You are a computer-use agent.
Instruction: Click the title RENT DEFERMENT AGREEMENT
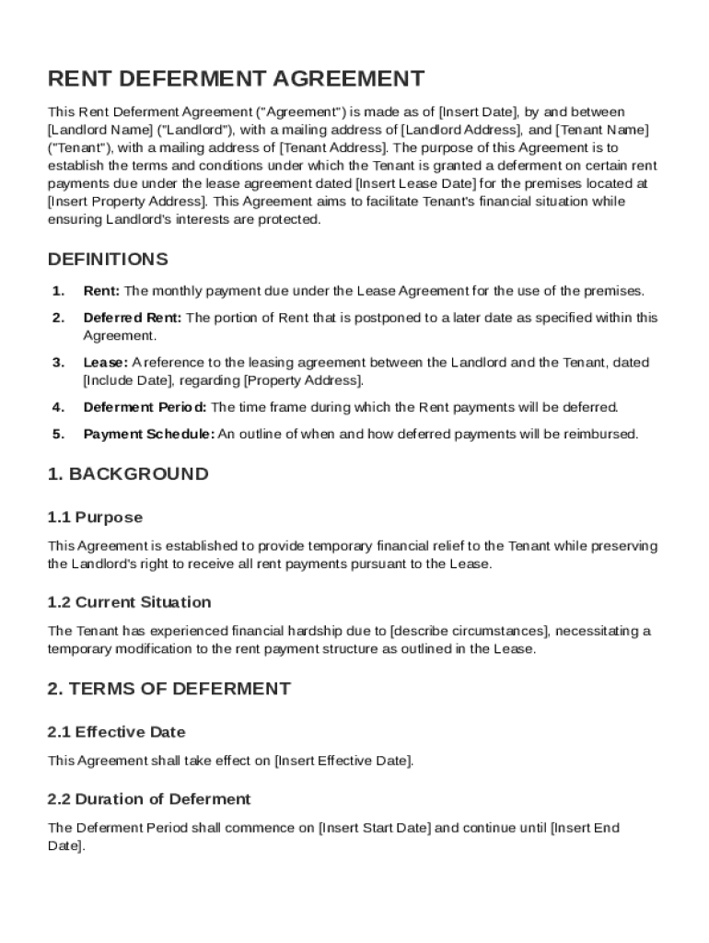[236, 79]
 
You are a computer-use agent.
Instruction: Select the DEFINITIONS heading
[108, 259]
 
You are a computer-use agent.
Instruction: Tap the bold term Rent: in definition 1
[101, 291]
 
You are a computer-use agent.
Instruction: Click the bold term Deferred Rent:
[133, 318]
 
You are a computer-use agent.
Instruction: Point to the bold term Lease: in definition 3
[105, 363]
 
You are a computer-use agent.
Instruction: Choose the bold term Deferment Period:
[145, 407]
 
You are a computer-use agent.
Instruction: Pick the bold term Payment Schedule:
[148, 434]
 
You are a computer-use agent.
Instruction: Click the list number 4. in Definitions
[58, 407]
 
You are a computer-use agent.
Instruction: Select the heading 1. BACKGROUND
[128, 474]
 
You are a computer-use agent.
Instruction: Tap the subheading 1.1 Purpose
[95, 518]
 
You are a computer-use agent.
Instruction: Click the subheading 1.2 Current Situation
[129, 602]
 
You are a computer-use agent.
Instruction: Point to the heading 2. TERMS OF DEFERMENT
[169, 688]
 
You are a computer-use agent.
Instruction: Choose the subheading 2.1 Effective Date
[116, 732]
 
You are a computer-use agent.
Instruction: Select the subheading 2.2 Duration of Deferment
[148, 798]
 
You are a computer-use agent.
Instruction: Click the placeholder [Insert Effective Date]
[343, 761]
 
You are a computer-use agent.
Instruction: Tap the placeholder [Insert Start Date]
[374, 828]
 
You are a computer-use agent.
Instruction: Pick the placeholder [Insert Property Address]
[128, 201]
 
